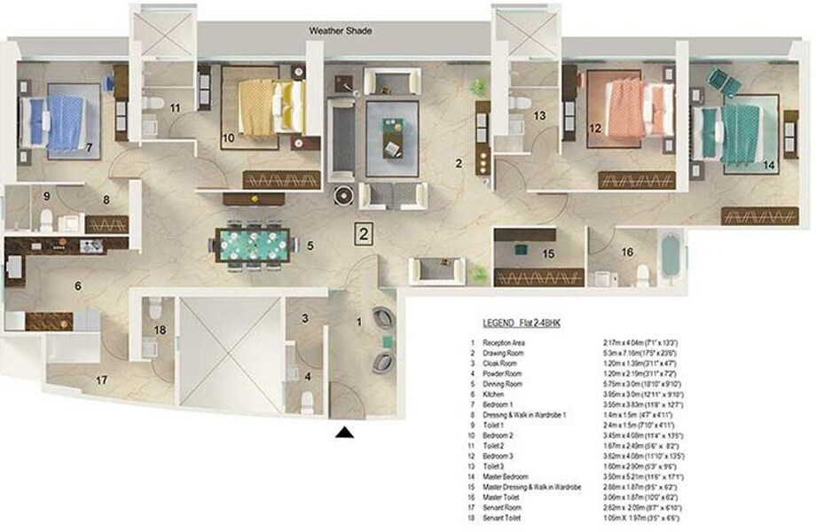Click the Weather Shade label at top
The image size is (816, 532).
341,31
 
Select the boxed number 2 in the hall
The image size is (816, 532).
363,233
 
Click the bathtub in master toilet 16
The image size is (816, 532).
671,255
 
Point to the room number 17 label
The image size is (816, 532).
102,381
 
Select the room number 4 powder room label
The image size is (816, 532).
307,375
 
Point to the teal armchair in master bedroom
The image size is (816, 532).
722,82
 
